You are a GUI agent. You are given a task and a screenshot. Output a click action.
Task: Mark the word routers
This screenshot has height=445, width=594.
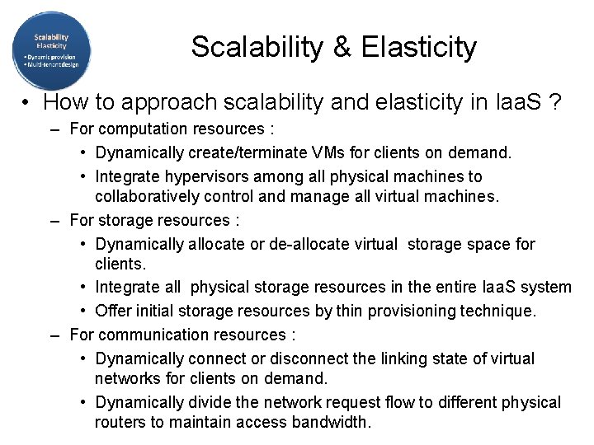click(x=120, y=423)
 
